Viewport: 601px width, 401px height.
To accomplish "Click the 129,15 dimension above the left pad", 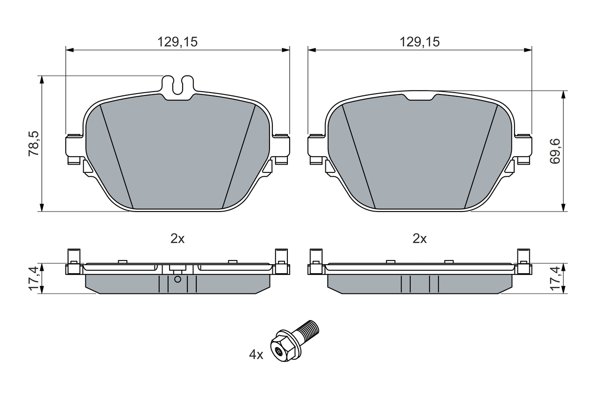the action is click(177, 42).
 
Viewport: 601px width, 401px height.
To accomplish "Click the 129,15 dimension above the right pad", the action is click(420, 42).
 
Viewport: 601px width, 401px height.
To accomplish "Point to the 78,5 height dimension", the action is click(34, 144).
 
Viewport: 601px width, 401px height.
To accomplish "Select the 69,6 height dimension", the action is click(555, 151).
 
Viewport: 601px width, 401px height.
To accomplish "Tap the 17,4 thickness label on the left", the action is click(34, 278).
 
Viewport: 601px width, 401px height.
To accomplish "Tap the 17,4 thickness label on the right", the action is click(555, 278).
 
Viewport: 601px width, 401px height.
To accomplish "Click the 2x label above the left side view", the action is click(177, 238).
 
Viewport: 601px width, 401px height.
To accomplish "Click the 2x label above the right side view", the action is click(420, 238).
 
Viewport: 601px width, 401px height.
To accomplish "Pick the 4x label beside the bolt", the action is click(256, 355).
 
